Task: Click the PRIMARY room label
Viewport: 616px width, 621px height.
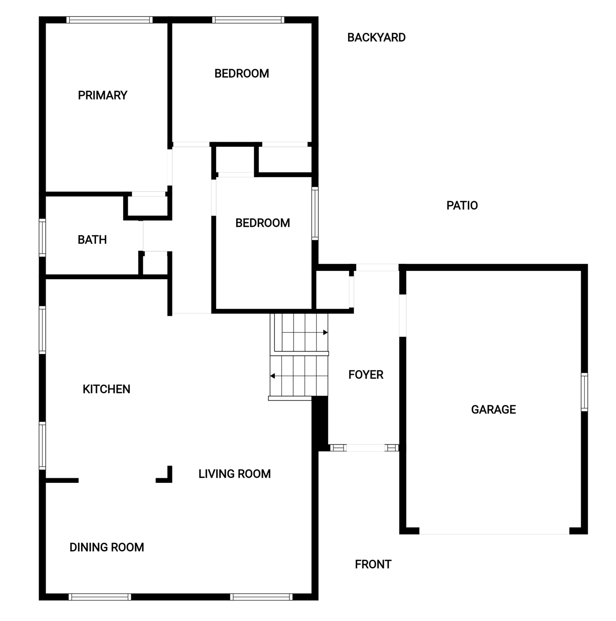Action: tap(103, 95)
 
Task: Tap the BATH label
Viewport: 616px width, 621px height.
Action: tap(92, 240)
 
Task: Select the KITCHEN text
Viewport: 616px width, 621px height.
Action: tap(106, 390)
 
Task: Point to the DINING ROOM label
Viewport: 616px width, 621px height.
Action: tap(107, 547)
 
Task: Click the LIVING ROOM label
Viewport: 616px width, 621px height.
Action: tap(235, 474)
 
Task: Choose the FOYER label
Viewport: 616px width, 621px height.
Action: tap(366, 375)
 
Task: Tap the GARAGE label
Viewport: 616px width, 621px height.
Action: tap(493, 409)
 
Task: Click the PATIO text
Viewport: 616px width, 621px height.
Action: tap(462, 205)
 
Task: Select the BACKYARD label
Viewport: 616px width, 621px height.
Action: tap(376, 37)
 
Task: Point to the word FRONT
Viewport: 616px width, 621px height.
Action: tap(373, 564)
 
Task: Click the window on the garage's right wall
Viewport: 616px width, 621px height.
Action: tap(584, 392)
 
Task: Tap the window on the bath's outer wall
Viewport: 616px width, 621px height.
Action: tap(42, 238)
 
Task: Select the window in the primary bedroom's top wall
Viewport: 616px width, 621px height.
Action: tap(110, 20)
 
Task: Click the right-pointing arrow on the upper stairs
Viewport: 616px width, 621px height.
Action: tap(325, 332)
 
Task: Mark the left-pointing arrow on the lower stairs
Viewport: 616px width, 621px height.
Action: tap(273, 376)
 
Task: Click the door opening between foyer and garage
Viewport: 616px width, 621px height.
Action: tap(402, 316)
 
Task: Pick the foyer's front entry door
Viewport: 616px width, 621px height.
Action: tap(364, 448)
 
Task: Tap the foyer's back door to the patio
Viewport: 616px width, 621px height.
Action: tap(377, 267)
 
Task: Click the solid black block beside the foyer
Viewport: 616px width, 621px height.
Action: tap(320, 423)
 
